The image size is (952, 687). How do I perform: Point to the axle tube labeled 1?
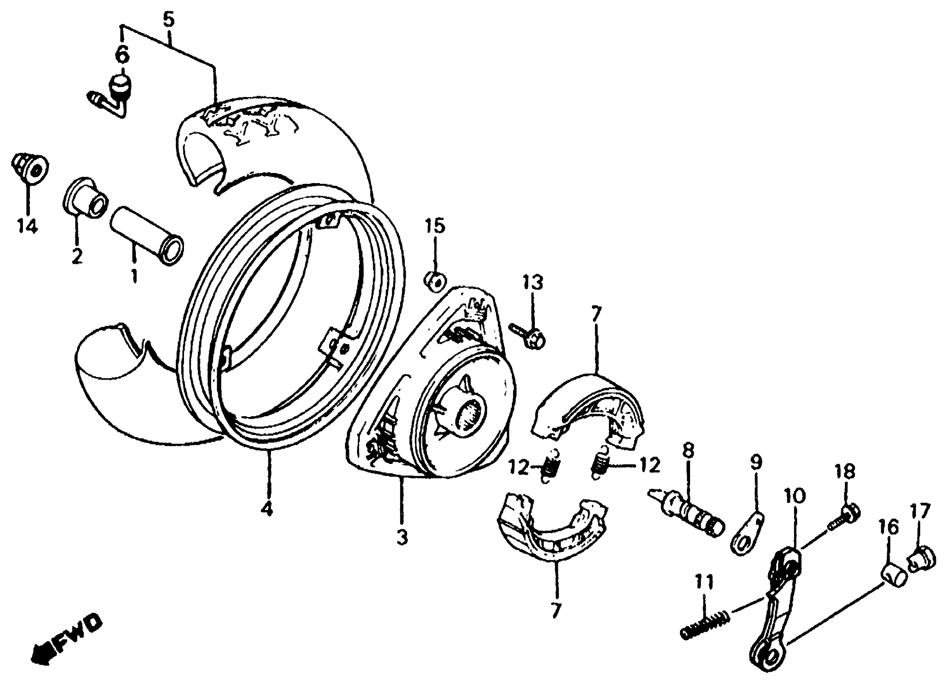coord(146,235)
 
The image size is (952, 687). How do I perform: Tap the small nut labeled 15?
coord(435,281)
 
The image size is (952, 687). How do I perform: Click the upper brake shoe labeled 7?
coord(588,409)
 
